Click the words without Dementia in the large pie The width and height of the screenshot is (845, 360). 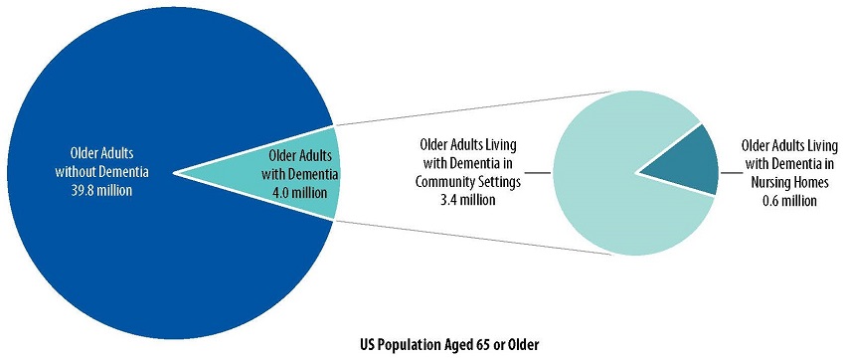coord(109,172)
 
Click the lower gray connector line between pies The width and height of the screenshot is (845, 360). coord(467,236)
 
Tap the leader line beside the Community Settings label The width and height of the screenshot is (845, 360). coord(536,172)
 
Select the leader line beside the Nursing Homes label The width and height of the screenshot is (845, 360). coord(730,173)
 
